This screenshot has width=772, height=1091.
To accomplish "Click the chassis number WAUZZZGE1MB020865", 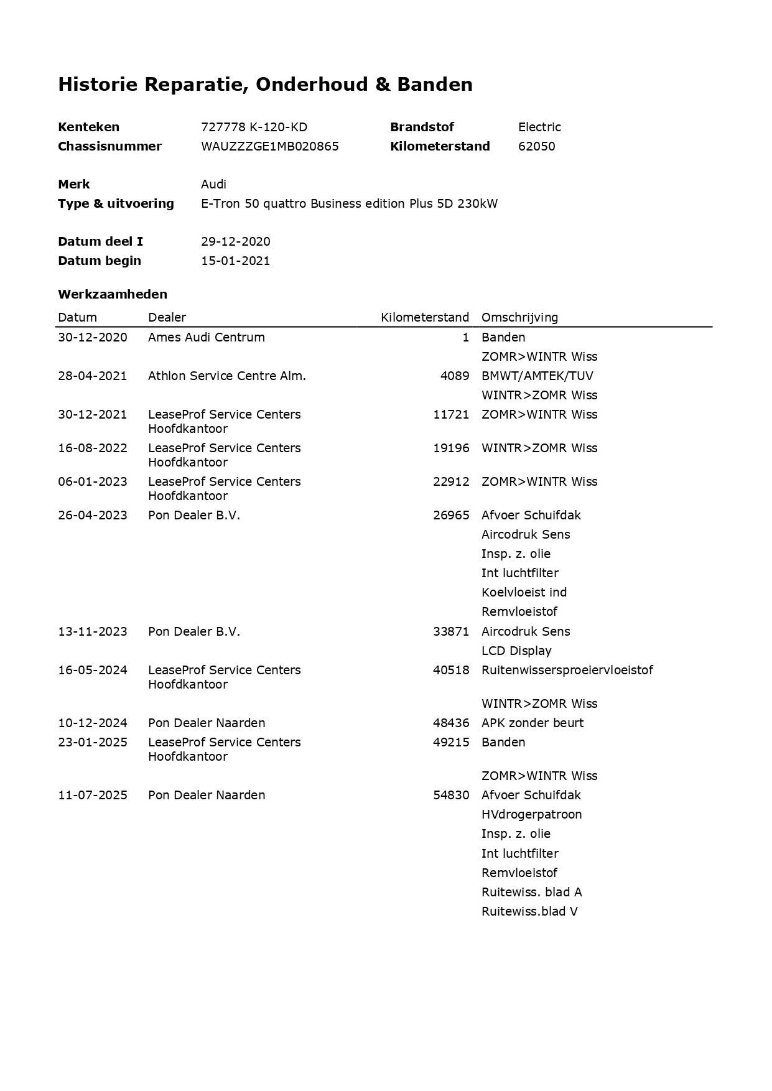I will coord(269,146).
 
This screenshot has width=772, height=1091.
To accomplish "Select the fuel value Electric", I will coord(539,127).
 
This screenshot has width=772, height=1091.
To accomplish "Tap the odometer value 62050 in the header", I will coord(536,146).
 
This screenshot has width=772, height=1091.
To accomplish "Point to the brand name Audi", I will coord(213,184).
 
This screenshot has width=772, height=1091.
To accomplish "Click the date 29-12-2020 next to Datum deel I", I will coord(235,241).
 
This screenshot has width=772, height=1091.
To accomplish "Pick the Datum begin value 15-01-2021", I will coord(235,261).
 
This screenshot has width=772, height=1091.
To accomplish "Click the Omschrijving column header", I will coord(519,317).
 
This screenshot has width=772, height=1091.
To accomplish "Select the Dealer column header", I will coord(167,317).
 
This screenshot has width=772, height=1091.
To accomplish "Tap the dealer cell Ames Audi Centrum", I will coord(206,337).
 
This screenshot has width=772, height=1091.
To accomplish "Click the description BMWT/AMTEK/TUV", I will coord(537,376).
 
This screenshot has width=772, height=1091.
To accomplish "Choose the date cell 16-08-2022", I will coord(93,448).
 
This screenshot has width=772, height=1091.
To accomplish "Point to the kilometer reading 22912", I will coord(451,481).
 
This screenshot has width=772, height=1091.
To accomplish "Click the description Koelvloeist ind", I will coord(524,592).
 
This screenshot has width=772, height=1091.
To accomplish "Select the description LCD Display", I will coord(516,651).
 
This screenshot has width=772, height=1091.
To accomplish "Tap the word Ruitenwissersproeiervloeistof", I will coord(567,670).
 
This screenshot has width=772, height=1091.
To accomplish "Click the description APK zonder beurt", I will coord(532,723).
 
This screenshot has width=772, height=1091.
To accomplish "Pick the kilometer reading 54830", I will coord(451,795).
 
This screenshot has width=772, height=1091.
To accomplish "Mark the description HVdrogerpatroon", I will coord(531,814).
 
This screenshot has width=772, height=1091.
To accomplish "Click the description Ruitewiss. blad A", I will coord(531,892).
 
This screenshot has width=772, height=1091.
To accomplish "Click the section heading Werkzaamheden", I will coord(113,294).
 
